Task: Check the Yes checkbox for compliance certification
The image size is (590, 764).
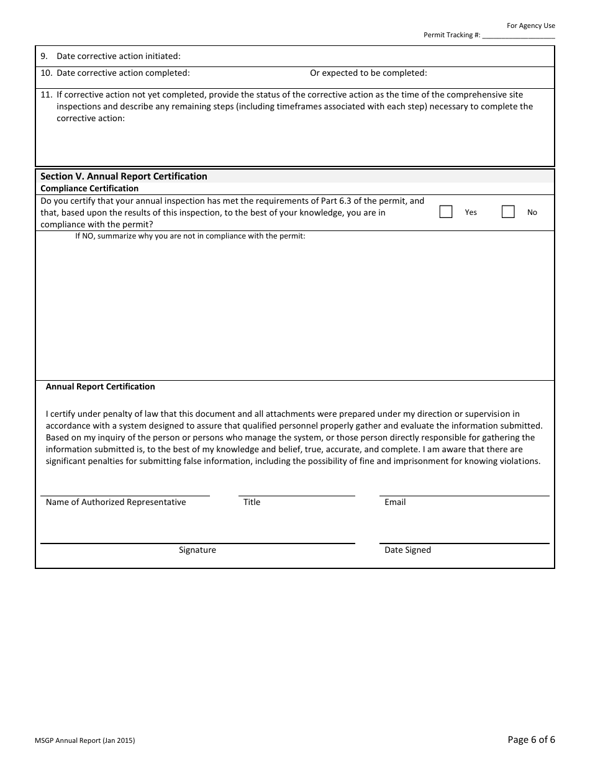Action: pos(446,212)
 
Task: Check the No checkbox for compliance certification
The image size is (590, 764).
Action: pos(508,212)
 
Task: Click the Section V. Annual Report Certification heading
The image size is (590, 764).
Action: pos(124,176)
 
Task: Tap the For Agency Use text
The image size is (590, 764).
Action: pos(530,25)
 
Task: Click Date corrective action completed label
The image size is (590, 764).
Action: pos(123,73)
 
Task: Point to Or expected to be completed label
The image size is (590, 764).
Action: pos(368,73)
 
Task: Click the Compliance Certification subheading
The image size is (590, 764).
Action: pos(89,188)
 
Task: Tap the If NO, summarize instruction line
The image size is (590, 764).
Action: pos(190,236)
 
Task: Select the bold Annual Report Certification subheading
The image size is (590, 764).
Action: pos(100,386)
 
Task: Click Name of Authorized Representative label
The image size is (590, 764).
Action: pos(116,502)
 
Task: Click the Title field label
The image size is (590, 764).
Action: pos(252,502)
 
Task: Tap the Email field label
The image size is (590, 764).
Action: pos(395,502)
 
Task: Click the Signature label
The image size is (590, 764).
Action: pos(197,550)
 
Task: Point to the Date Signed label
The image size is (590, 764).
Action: pos(407,550)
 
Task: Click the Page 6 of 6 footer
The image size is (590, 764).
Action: pos(531,739)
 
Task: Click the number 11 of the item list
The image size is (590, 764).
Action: pos(45,95)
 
